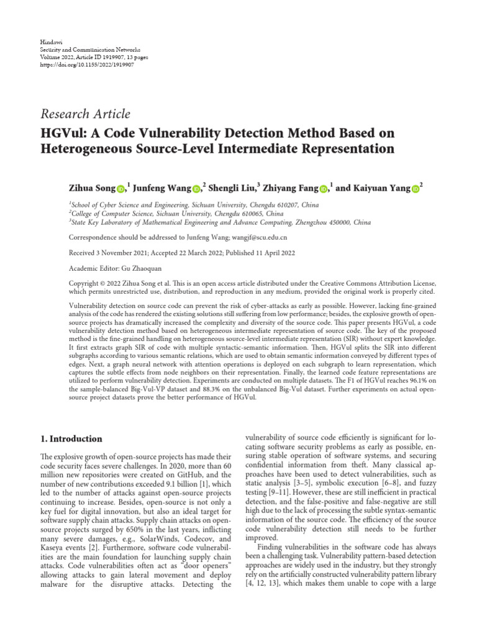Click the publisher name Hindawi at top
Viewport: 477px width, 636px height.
(x=49, y=40)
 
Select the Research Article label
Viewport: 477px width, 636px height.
(x=85, y=114)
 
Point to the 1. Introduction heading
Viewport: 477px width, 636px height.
(x=71, y=438)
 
